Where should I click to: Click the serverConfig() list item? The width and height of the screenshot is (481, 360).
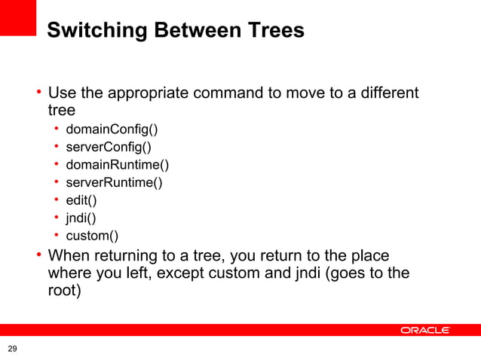point(109,147)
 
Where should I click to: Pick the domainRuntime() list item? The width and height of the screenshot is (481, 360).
point(117,165)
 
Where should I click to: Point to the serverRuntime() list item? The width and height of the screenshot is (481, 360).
point(114,182)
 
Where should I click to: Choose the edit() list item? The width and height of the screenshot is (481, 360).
point(81,200)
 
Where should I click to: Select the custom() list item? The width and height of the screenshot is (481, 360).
point(92,236)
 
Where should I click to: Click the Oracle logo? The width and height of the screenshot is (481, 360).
point(425,331)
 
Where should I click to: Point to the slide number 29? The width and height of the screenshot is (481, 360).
point(12,349)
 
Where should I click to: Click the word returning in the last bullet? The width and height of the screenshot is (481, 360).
point(127,255)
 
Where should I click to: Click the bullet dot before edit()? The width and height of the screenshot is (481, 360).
point(57,200)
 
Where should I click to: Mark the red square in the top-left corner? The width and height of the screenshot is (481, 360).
point(18,17)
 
